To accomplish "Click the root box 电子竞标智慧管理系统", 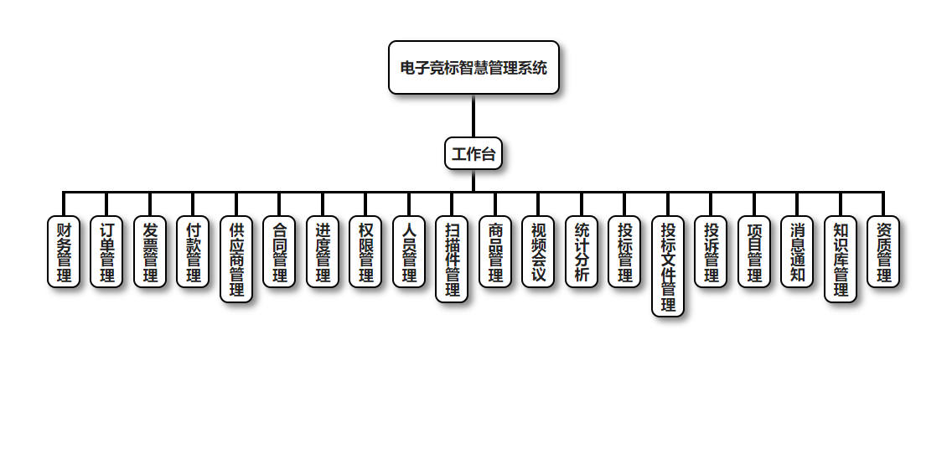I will click(x=473, y=68).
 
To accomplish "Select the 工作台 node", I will click(x=473, y=154).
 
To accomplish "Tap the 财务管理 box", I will click(x=64, y=252).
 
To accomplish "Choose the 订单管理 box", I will click(x=106, y=252).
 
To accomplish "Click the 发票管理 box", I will click(x=150, y=252).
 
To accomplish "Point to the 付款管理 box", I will click(x=193, y=252).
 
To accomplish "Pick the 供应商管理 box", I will click(x=236, y=260).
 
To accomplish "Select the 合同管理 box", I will click(x=279, y=252).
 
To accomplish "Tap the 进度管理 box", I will click(x=323, y=252).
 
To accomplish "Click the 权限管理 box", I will click(x=365, y=252).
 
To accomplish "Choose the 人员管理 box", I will click(x=409, y=252).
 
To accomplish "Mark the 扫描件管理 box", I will click(x=452, y=260).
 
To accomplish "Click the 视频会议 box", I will click(x=538, y=252).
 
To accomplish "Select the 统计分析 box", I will click(x=582, y=252).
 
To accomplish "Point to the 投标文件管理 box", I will click(x=668, y=266).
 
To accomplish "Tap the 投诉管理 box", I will click(x=711, y=252).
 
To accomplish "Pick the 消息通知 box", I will click(x=797, y=252).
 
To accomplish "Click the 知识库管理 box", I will click(x=841, y=260).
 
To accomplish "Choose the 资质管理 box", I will click(x=883, y=252).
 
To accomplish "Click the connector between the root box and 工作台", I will click(x=473, y=116).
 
